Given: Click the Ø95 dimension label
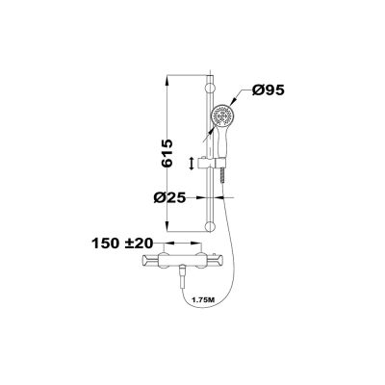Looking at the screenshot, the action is pyautogui.click(x=269, y=90).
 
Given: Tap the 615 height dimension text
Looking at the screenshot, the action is pyautogui.click(x=167, y=153).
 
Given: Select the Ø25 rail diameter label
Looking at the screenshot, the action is pyautogui.click(x=169, y=198).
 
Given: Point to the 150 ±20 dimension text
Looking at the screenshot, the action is pyautogui.click(x=122, y=244).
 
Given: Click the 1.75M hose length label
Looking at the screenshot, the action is pyautogui.click(x=203, y=300).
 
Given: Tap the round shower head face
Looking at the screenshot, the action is pyautogui.click(x=221, y=116).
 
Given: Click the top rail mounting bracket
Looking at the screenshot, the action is pyautogui.click(x=210, y=88).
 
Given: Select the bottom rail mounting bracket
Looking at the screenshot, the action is pyautogui.click(x=210, y=227).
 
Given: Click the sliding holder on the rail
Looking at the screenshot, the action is pyautogui.click(x=212, y=164).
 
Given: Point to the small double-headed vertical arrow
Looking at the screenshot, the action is pyautogui.click(x=192, y=164).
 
